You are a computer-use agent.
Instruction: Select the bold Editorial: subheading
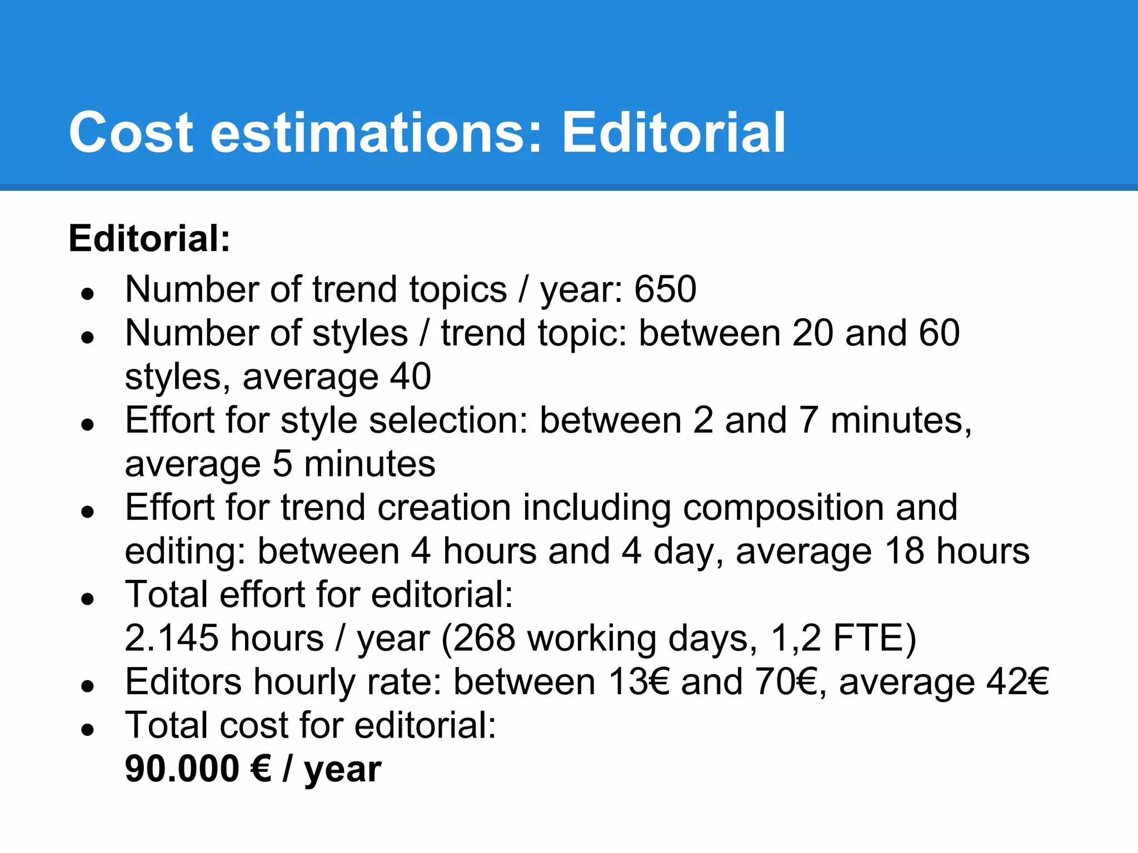(149, 239)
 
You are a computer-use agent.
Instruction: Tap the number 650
(665, 289)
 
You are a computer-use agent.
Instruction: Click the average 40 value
(410, 377)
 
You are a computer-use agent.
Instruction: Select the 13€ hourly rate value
(638, 682)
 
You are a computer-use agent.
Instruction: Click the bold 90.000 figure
(182, 769)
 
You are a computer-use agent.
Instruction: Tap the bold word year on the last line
(342, 770)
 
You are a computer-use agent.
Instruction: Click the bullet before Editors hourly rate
(87, 686)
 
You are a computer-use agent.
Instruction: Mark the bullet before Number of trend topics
(87, 293)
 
